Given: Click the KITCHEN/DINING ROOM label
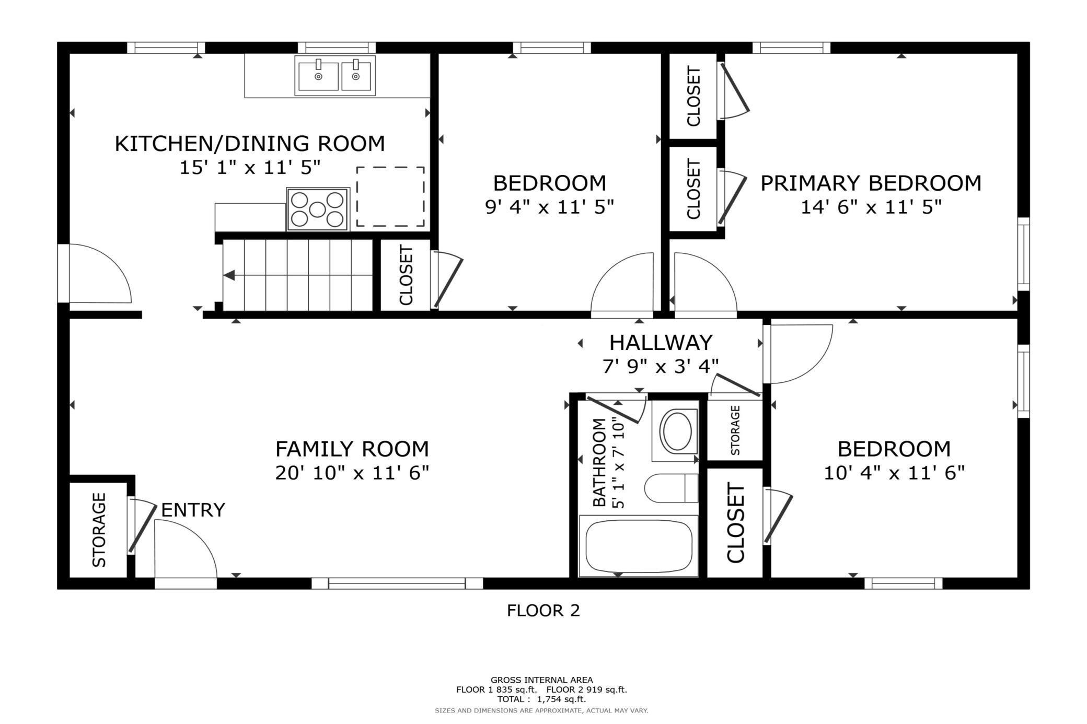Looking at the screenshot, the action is pos(250,144).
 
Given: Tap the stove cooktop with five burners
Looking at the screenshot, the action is pos(317,209).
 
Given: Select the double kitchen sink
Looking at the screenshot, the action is pos(336,76).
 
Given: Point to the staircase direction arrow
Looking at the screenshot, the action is pos(230,276).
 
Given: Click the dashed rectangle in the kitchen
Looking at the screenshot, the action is pos(390,197).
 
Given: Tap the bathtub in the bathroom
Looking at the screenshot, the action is pos(639,546).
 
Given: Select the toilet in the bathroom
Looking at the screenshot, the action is pos(672,488).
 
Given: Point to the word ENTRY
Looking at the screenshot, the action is pos(193,510).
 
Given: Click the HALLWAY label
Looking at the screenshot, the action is pos(661,343).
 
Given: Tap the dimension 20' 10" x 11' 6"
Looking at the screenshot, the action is pos(352,473).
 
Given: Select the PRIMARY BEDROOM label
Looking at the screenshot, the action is pos(871,183).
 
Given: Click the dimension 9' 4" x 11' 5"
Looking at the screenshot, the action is pos(550,207).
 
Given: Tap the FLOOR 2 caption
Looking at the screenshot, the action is pos(543,611).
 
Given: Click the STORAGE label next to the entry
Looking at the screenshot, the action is pos(99,530).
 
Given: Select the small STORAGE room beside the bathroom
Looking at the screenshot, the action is pos(735,430).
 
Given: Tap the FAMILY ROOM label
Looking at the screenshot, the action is pos(352,449).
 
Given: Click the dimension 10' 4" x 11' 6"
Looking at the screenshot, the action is pos(894,473).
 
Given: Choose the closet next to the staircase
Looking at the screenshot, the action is pos(406,275).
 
